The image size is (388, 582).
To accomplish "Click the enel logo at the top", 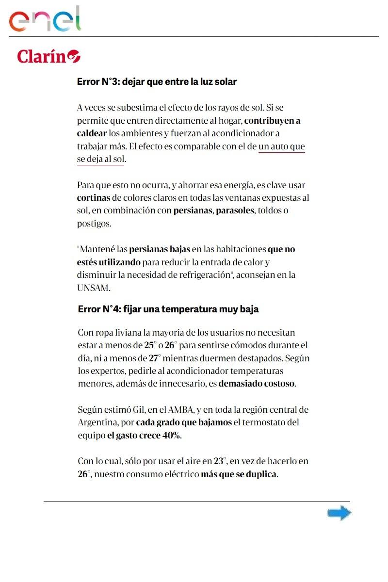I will [x=45, y=19].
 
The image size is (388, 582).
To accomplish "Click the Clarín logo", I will [x=48, y=56].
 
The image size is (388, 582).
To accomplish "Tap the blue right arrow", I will [x=339, y=513].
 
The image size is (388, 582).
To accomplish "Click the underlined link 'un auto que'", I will [x=282, y=146].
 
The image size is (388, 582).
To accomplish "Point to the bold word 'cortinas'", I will [x=93, y=198].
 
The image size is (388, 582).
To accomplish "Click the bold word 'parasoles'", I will [x=235, y=211].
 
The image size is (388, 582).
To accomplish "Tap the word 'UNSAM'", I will [x=93, y=288].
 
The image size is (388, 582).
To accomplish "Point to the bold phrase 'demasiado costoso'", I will [x=256, y=384].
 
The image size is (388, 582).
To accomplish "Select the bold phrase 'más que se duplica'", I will [x=239, y=474].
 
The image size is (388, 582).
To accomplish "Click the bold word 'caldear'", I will [x=92, y=133].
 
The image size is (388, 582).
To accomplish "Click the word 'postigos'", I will [x=94, y=224].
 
